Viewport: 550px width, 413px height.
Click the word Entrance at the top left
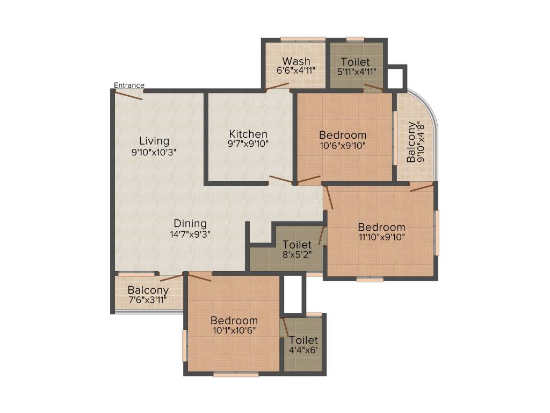(129, 85)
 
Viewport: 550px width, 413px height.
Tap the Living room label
(154, 141)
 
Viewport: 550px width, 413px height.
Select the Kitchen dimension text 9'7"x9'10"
(248, 144)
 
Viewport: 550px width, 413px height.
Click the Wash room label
(296, 61)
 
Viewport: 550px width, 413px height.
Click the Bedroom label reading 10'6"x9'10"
(342, 135)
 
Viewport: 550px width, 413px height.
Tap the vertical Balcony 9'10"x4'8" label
(416, 142)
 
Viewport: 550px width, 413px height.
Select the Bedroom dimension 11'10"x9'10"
(381, 237)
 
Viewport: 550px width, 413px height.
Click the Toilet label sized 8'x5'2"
(297, 245)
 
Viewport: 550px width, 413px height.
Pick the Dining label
(190, 224)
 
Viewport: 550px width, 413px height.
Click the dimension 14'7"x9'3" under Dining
(190, 234)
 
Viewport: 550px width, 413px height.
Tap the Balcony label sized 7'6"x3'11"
(148, 290)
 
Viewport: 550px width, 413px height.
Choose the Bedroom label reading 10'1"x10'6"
(234, 321)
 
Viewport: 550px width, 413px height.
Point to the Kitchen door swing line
(281, 179)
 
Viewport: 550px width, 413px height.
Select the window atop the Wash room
(303, 39)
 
